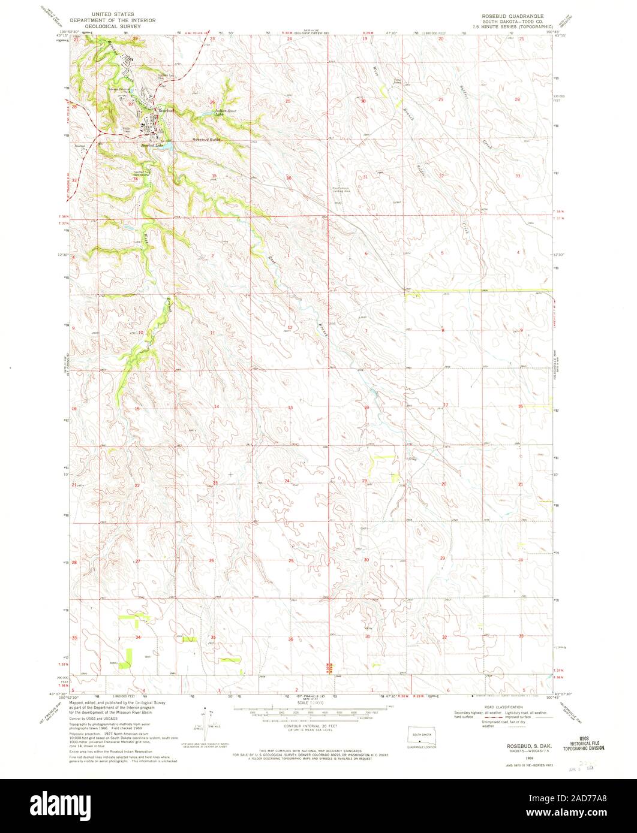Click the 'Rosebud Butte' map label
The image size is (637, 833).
coord(206,140)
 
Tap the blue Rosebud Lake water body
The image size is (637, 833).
coord(167,144)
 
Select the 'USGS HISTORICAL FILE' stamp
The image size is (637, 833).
coord(582,743)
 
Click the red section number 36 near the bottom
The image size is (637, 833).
coord(290,639)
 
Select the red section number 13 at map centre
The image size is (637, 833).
coord(290,408)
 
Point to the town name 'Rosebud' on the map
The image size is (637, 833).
coord(165,111)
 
